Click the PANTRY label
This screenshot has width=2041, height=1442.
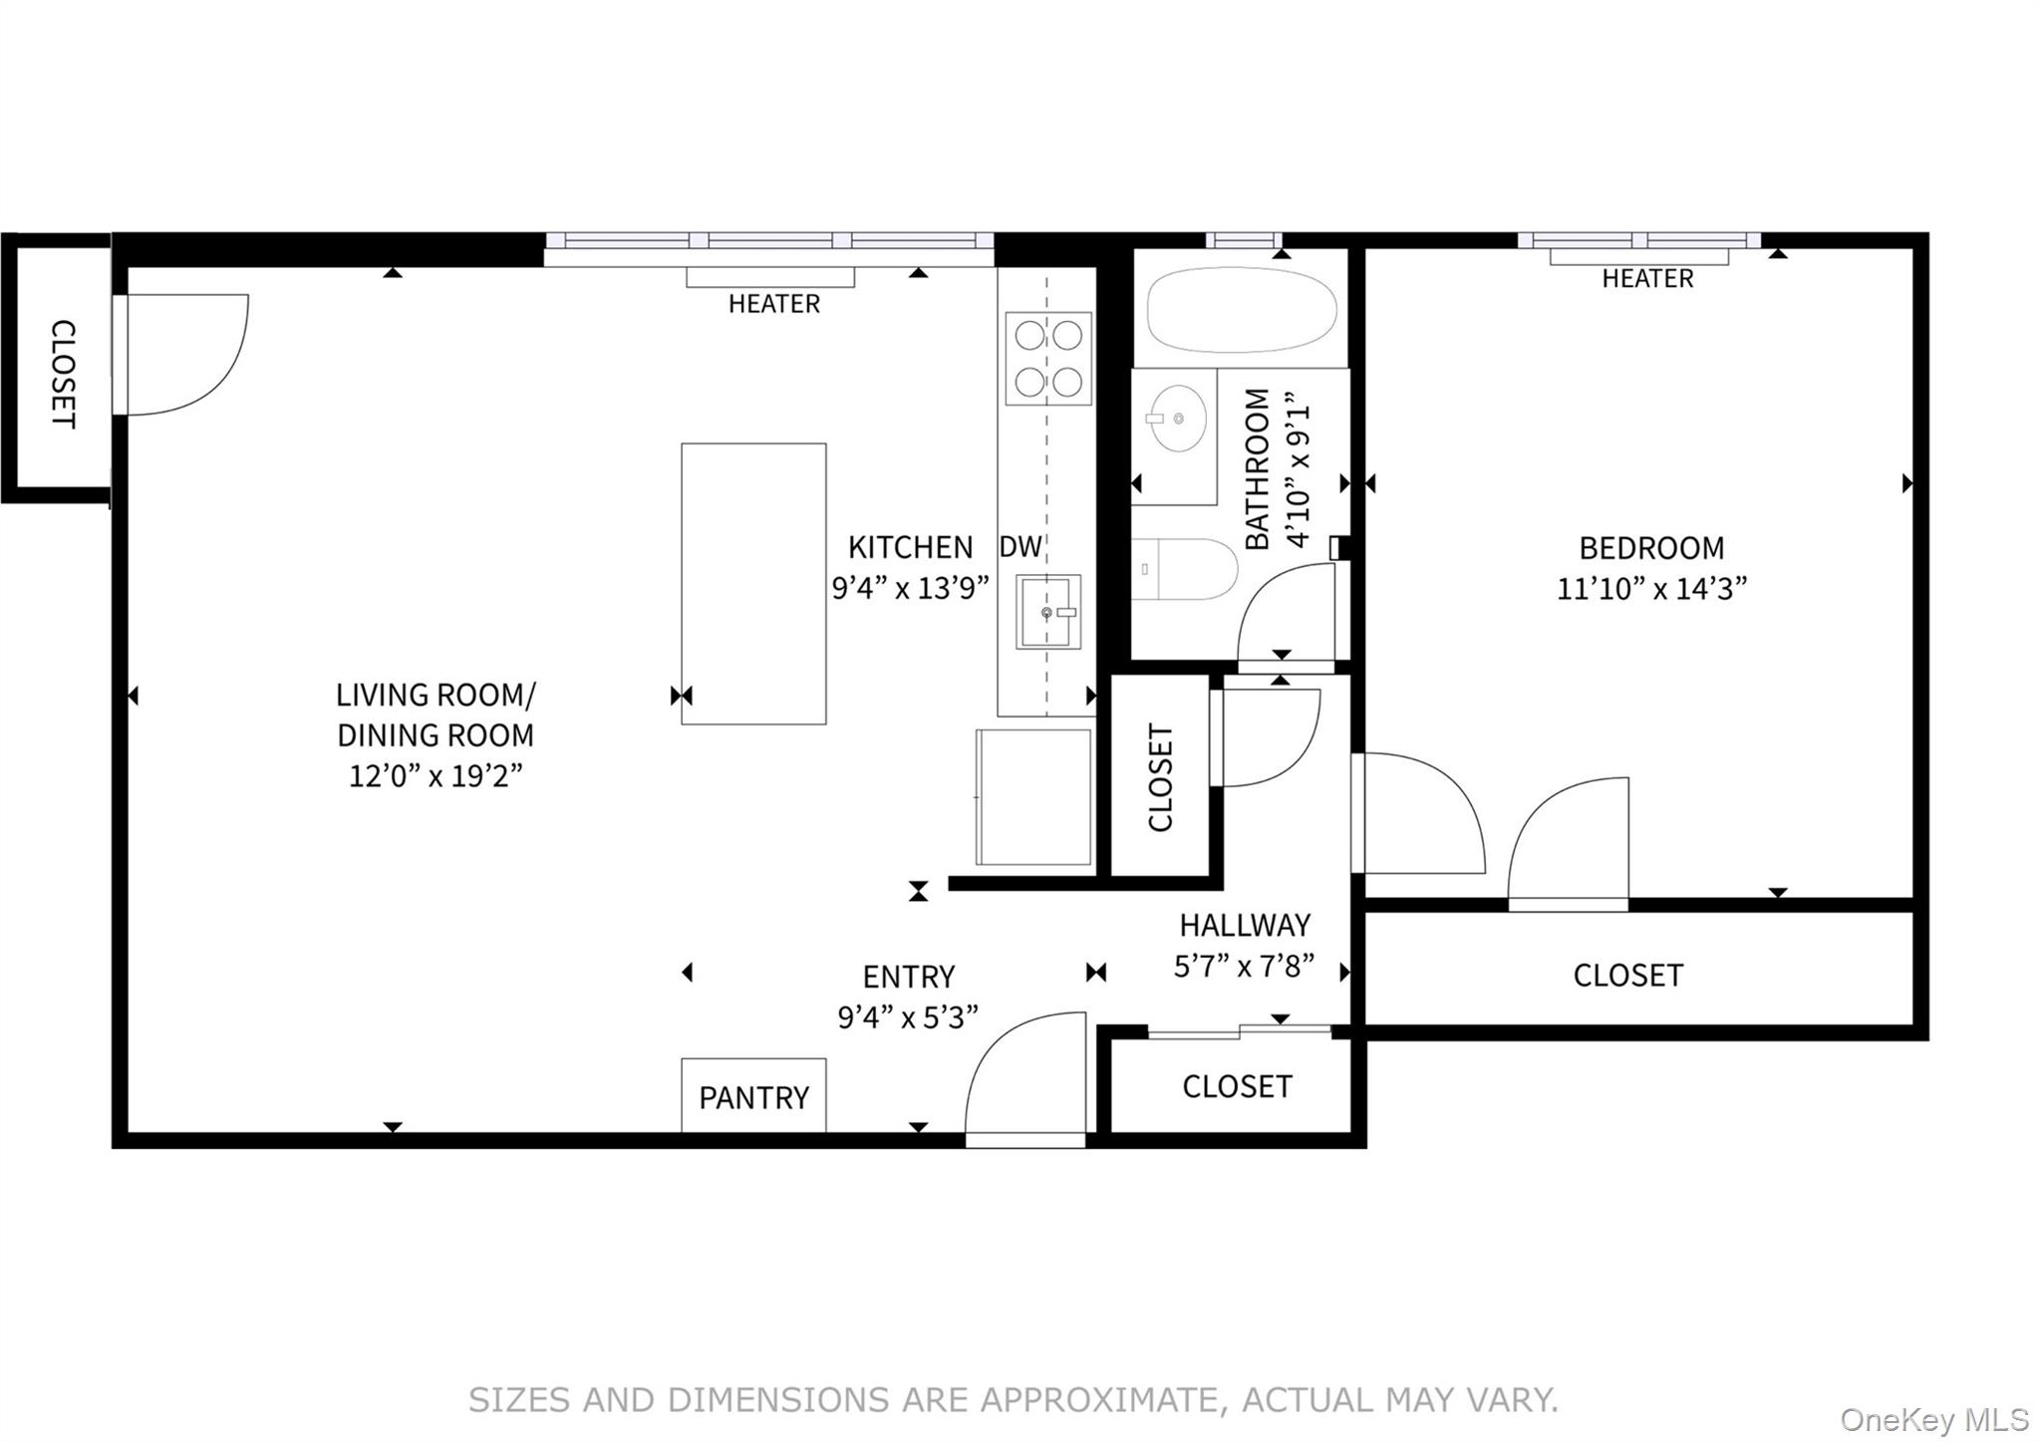point(753,1097)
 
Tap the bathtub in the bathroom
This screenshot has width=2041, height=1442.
point(1241,309)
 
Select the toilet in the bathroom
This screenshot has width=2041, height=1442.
point(1184,569)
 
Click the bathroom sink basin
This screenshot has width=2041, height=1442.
point(1178,419)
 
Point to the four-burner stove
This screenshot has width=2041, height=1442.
point(1047,358)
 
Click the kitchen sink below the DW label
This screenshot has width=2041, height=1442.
point(1047,612)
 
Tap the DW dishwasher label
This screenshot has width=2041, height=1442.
point(1020,546)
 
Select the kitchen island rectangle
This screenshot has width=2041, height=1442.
point(753,583)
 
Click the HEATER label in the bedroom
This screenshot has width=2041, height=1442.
point(1647,279)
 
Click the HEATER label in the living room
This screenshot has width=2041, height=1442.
point(773,304)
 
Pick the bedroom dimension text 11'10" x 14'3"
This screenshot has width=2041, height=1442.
point(1651,589)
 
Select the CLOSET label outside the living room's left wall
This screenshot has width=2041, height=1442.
point(63,374)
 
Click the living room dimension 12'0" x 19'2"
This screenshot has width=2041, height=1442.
point(436,775)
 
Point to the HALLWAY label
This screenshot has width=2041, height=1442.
point(1245,925)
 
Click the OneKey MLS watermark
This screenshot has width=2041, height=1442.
point(1933,1419)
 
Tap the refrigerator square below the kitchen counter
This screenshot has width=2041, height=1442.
point(1033,797)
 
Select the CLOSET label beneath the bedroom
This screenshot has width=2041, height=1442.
point(1627,975)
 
